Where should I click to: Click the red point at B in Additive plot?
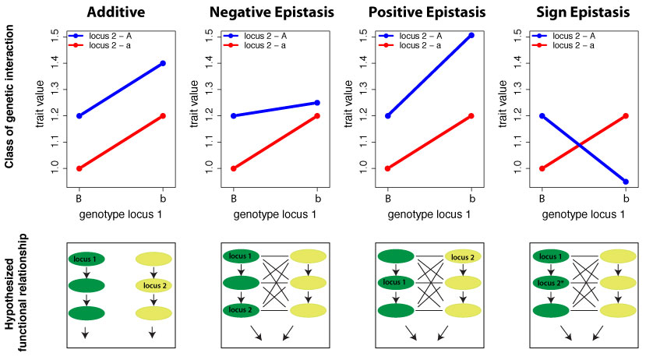click(79, 168)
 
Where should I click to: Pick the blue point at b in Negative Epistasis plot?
click(316, 102)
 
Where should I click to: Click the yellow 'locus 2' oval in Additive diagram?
click(154, 285)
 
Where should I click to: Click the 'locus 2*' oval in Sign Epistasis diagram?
click(552, 283)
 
